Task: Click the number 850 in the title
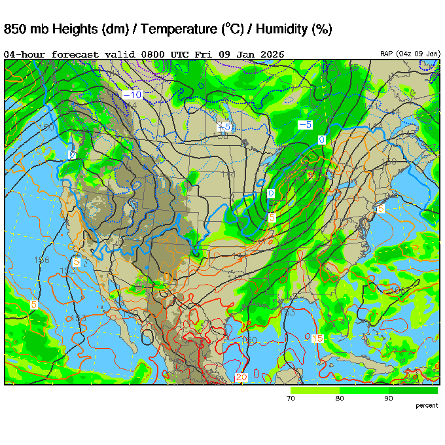pyautogui.click(x=16, y=29)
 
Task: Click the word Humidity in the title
pyautogui.click(x=281, y=29)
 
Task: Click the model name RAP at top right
pyautogui.click(x=387, y=54)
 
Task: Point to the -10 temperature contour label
pyautogui.click(x=132, y=95)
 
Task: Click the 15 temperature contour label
pyautogui.click(x=317, y=338)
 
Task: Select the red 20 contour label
pyautogui.click(x=241, y=378)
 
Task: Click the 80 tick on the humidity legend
pyautogui.click(x=339, y=398)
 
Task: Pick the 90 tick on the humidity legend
pyautogui.click(x=388, y=398)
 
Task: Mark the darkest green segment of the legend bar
pyautogui.click(x=413, y=390)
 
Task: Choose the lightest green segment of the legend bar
pyautogui.click(x=314, y=390)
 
